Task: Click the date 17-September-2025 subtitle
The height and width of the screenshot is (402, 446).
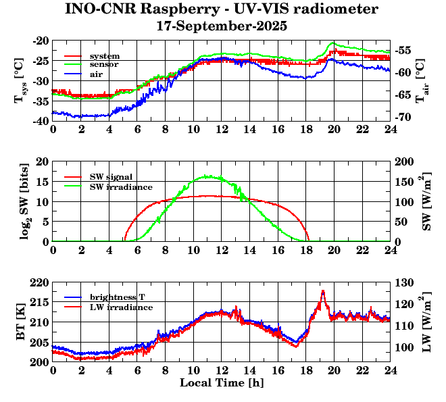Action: click(221, 27)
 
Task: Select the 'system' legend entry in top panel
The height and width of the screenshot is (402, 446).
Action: click(105, 55)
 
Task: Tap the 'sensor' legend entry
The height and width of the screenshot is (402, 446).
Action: click(105, 65)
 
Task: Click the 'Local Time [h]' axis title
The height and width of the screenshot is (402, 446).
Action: click(221, 383)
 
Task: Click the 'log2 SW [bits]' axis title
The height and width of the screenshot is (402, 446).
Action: click(21, 201)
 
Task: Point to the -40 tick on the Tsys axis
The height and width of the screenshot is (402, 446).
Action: click(40, 121)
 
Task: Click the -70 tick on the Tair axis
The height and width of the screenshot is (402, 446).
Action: click(405, 118)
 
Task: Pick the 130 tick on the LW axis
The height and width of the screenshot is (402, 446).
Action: click(405, 282)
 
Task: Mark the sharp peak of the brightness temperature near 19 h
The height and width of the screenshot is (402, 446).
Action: click(323, 291)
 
